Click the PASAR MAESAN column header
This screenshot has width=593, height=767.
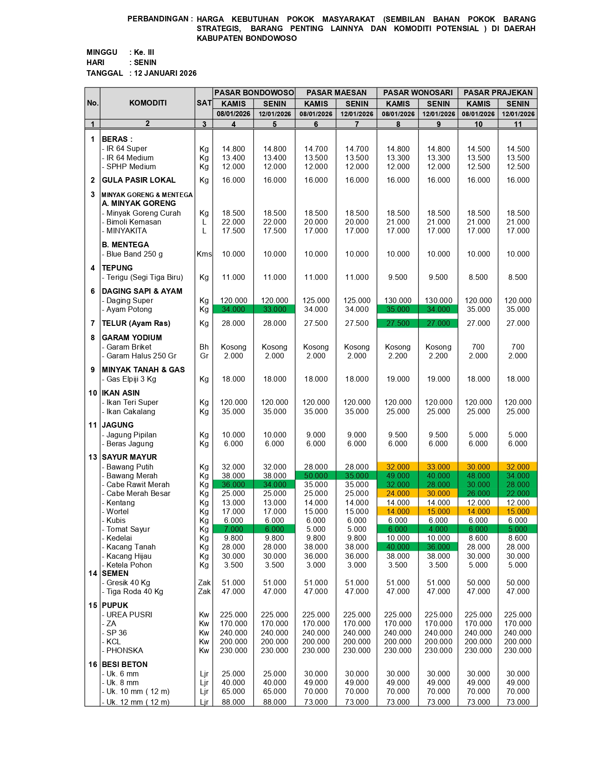pos(336,93)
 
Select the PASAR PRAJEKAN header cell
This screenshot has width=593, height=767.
pos(498,93)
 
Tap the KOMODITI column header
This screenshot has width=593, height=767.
pos(147,103)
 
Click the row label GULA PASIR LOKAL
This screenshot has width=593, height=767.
pos(139,180)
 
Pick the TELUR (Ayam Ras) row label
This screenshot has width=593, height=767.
pos(136,324)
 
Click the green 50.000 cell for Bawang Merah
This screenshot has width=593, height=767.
pos(316,476)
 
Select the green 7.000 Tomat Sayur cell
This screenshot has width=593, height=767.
pos(233,529)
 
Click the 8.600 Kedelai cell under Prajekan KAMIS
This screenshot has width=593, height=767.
pos(478,538)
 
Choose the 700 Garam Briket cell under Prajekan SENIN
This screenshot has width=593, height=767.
pos(518,347)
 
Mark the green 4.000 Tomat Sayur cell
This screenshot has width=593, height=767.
pos(438,529)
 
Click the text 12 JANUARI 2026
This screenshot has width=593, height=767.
pos(165,73)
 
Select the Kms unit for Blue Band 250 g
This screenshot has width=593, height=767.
pos(204,254)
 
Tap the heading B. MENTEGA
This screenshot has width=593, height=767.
pos(126,245)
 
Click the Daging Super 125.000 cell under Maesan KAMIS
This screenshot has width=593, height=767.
pos(316,301)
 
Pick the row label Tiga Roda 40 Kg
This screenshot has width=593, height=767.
pos(134,592)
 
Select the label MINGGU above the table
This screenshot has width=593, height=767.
pos(102,53)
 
